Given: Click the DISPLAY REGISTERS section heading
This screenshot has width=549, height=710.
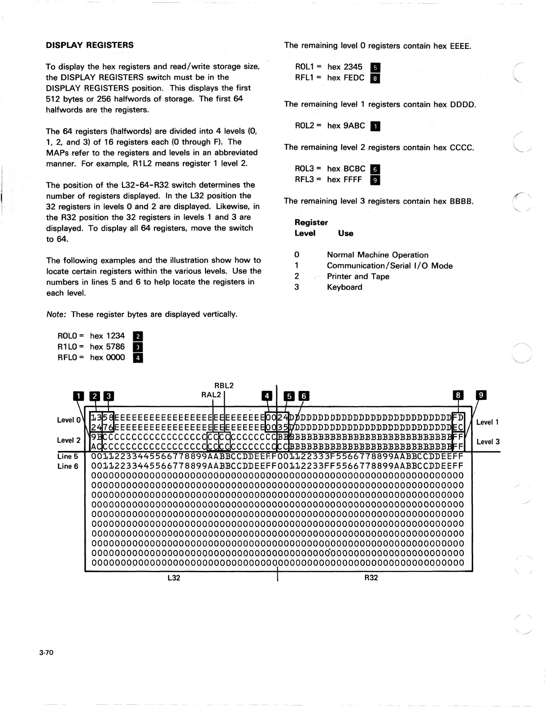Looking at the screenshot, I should coord(90,45).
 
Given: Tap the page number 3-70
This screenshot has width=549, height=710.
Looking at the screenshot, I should coord(46,652).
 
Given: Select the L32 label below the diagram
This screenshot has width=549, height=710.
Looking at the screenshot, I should coord(173,578).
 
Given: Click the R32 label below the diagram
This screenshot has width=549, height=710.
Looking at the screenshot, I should coord(371,578).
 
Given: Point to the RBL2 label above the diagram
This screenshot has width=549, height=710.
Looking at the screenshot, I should coord(224,386).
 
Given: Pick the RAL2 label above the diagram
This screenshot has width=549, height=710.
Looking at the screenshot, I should coord(211,394).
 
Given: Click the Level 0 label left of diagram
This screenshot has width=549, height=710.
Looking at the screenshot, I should coord(69,420).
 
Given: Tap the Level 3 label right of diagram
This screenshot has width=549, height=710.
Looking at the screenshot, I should coord(488,442).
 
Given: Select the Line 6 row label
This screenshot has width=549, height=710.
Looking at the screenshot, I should coord(68,466).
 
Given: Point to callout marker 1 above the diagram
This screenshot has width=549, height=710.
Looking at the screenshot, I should coord(79,396).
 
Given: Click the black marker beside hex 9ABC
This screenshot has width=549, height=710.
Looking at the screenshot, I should coord(375,126).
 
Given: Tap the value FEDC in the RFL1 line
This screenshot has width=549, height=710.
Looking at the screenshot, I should coord(354,78).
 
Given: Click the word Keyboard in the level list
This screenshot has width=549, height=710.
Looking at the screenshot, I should coord(344,287).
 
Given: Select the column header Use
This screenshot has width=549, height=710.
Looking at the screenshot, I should coord(345,233).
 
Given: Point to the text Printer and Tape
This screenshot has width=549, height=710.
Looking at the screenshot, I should coord(358,276).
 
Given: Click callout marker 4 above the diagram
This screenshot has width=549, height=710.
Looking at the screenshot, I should coord(267,395).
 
